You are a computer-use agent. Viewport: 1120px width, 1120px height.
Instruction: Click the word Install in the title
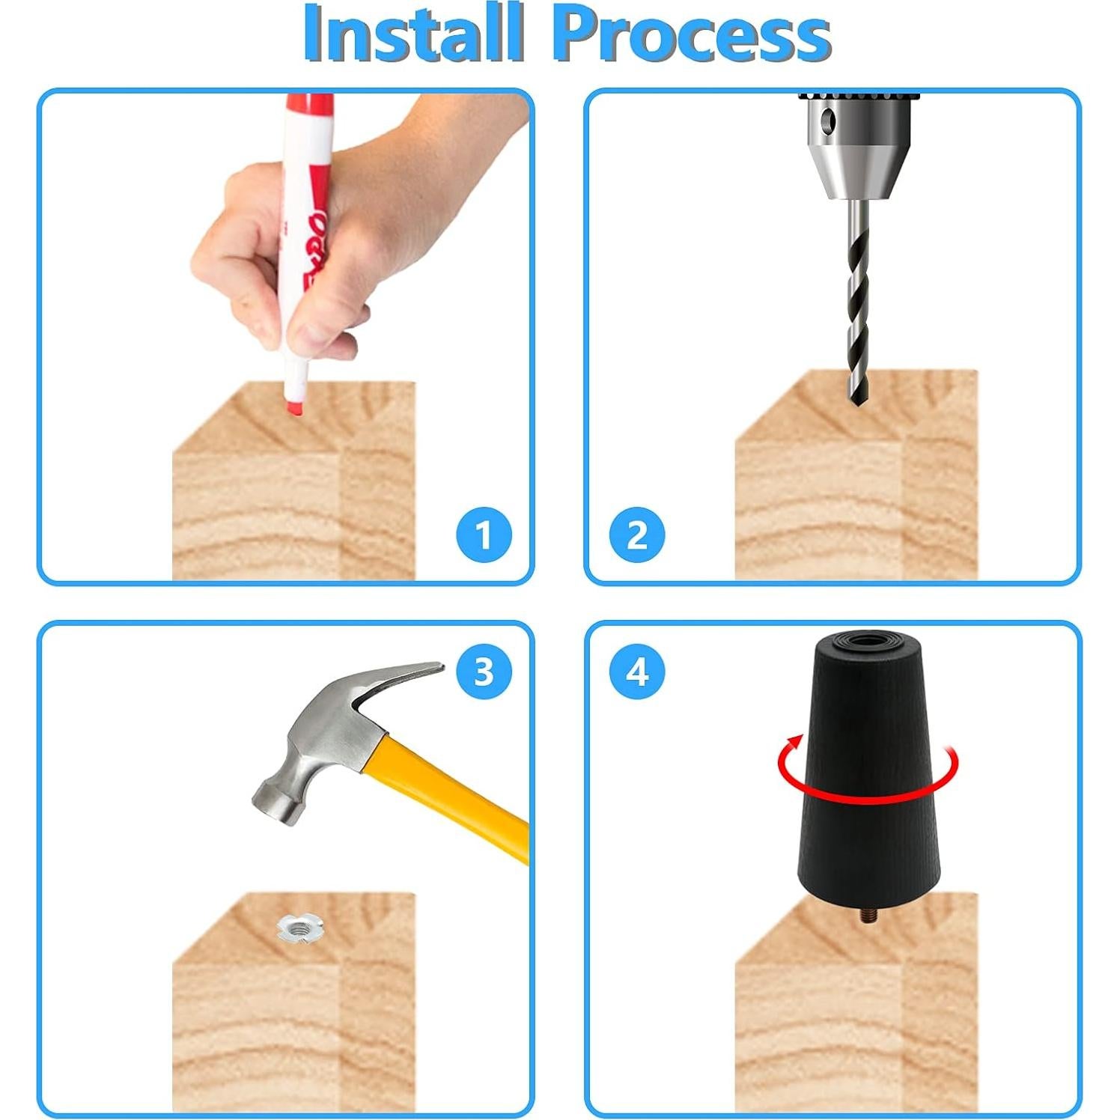413,34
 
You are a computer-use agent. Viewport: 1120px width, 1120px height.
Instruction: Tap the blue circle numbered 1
484,536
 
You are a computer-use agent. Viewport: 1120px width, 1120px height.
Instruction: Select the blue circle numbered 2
636,536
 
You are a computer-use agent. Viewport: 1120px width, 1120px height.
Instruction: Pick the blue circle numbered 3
484,672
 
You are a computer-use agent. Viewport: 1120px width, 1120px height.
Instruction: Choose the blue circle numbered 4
636,672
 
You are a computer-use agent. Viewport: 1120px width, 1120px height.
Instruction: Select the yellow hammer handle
449,797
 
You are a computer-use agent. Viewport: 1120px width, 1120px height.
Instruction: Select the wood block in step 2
856,479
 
